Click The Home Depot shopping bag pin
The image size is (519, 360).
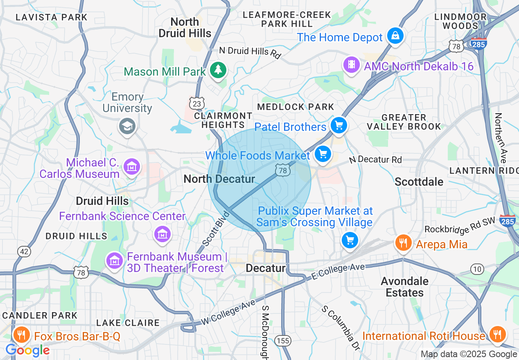[396, 36]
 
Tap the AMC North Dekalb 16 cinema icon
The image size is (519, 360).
[352, 65]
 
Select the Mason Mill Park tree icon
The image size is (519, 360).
[218, 70]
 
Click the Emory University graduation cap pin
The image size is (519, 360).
[127, 126]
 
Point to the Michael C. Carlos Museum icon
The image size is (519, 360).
[132, 167]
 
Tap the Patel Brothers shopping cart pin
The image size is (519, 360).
[338, 125]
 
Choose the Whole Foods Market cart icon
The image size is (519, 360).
[323, 154]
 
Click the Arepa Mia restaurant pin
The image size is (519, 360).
[403, 243]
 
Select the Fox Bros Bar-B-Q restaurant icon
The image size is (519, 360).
[22, 335]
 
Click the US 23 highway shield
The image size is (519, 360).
[197, 104]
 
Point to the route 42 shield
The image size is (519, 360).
[24, 251]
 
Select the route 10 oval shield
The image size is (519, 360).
[477, 269]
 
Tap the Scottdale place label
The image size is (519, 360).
[419, 182]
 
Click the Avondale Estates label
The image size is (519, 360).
[404, 287]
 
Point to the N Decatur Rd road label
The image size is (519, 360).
[375, 160]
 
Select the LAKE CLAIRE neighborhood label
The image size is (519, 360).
[128, 323]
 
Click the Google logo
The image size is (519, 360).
[27, 350]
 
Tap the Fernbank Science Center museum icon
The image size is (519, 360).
[162, 234]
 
